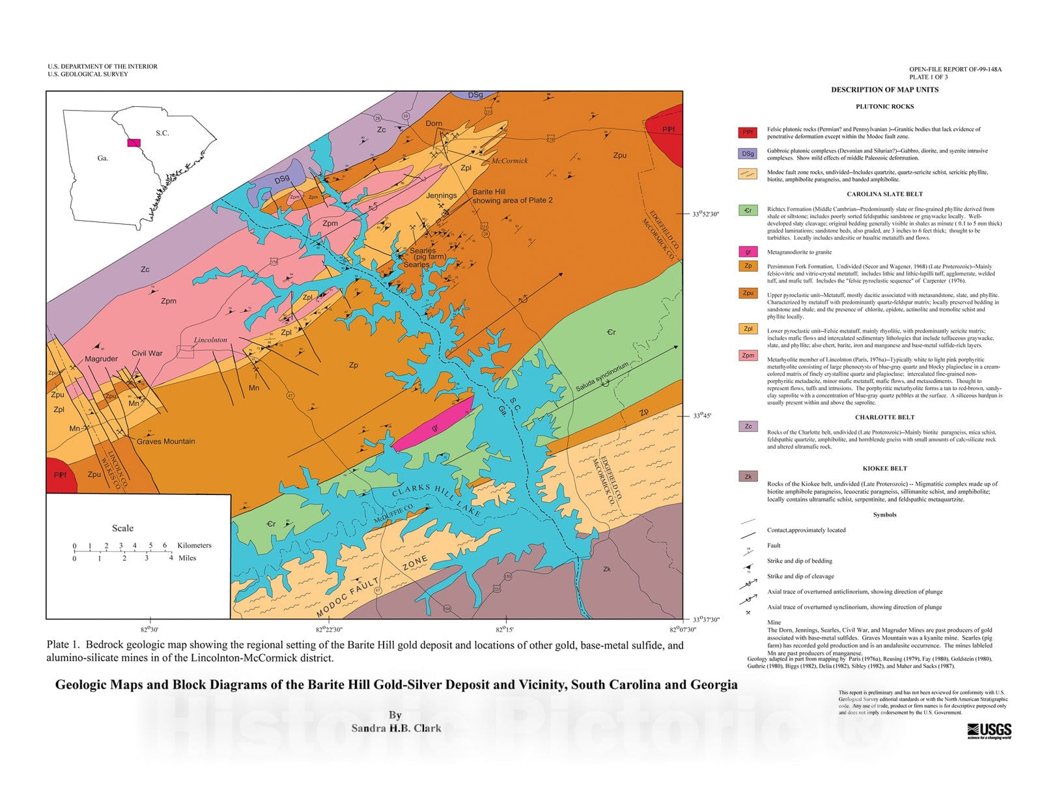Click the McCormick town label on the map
509,160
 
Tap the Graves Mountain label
165,441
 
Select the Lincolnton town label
210,340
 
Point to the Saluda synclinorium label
602,377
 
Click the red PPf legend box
748,132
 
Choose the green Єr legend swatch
748,210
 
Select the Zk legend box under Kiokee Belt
748,476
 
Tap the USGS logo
989,730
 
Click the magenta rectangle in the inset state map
134,142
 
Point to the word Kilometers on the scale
194,545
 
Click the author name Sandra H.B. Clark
396,728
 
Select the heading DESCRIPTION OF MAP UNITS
884,90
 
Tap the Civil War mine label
147,353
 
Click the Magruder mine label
101,359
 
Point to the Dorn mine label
434,123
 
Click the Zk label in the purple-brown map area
606,569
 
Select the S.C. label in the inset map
162,133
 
